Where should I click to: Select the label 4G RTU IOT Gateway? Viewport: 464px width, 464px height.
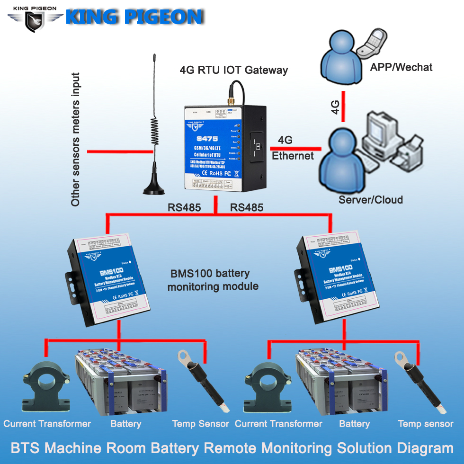tap(233, 71)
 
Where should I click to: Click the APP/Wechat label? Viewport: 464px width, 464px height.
tap(401, 67)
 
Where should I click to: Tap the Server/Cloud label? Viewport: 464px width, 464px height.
tap(371, 199)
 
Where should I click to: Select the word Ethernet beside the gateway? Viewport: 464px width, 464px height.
tap(293, 156)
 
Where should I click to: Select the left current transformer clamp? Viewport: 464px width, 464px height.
tap(43, 387)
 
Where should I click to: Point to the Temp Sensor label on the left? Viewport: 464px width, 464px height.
tap(200, 424)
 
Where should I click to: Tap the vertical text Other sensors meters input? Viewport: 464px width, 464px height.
tap(75, 140)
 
